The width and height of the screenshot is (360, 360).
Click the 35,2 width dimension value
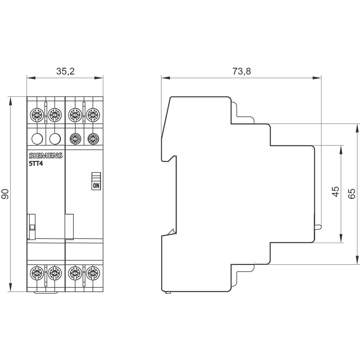click(65, 71)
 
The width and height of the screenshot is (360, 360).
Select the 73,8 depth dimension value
click(241, 71)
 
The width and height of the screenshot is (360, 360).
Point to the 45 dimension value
click(335, 191)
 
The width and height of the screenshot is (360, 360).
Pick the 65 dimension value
click(352, 194)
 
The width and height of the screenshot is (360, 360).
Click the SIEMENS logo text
click(45, 156)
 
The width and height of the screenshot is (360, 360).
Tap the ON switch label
click(96, 186)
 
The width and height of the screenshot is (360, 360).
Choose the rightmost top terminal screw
click(93, 115)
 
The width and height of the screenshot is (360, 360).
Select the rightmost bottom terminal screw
click(93, 273)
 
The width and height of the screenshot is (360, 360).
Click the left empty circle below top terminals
click(36, 138)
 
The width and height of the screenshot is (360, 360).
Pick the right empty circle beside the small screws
click(55, 138)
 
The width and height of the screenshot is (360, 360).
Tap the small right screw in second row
click(93, 138)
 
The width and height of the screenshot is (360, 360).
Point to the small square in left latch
click(32, 227)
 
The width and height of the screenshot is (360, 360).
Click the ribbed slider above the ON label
click(96, 177)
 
